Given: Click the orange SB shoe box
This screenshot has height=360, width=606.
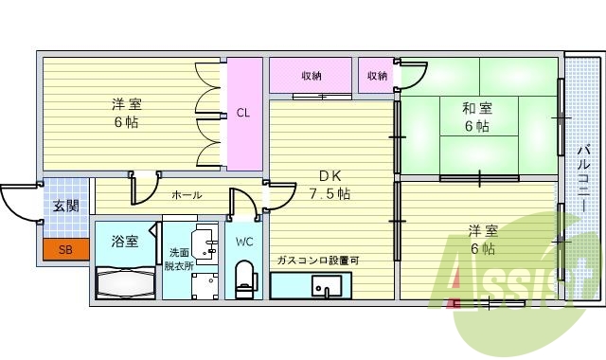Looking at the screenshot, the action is point(65,249).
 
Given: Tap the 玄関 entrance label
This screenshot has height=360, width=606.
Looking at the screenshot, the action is point(66,207).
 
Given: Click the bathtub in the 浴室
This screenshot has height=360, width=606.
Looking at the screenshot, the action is point(125,282).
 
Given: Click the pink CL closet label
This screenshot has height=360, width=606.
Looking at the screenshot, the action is point(243,113).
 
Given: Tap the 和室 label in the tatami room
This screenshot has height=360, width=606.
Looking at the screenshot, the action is point(477,108).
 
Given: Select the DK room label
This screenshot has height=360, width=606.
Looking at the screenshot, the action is point(330,176).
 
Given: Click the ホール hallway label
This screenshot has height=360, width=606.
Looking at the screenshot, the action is point(187,195).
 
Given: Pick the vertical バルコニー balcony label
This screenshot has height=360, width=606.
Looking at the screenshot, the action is point(583,177).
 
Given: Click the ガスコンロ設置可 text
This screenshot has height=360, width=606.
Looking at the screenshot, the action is point(318,261).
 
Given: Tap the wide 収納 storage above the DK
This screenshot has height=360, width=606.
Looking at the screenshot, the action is point(311,76).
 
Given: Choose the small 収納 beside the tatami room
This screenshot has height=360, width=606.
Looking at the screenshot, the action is point(377,76).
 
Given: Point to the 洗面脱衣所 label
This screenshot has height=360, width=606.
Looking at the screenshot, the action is point(178,259).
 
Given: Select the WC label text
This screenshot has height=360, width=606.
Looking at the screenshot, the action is point(244,243).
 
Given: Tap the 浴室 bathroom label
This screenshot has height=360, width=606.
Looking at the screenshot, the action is point(124,242).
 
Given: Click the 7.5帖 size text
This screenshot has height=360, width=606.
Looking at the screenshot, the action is point(330,193).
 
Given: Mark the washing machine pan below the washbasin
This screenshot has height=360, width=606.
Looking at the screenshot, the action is point(205,286).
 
